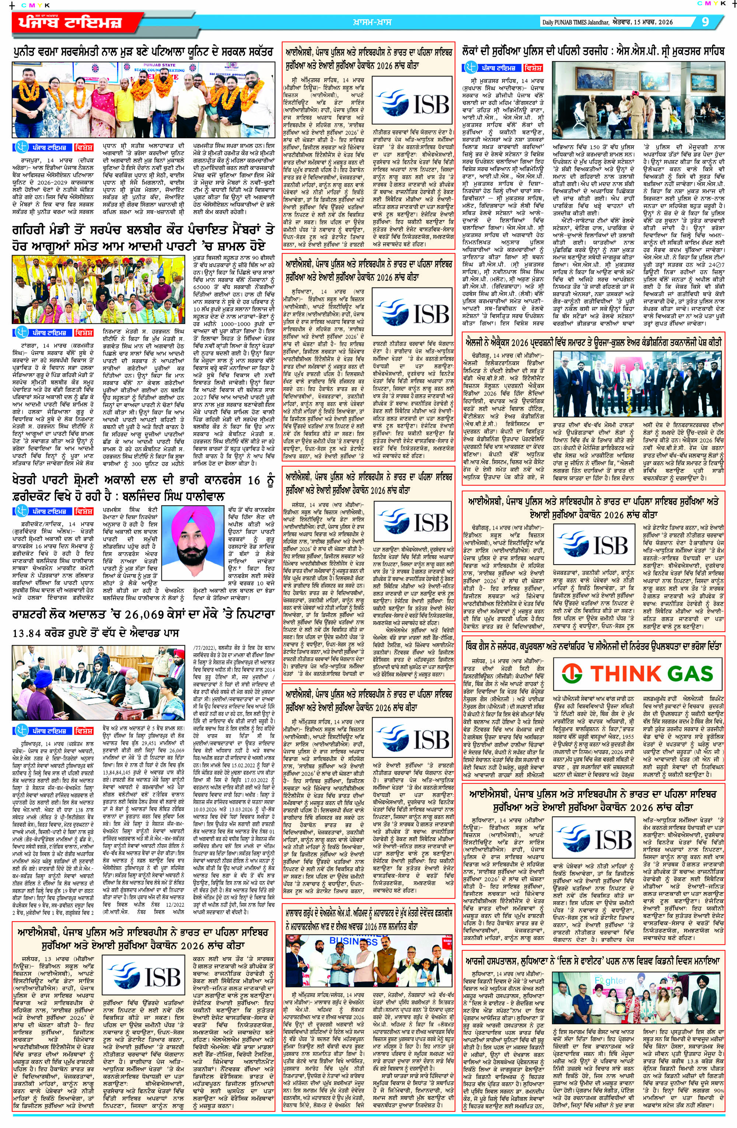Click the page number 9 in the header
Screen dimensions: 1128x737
coord(705,22)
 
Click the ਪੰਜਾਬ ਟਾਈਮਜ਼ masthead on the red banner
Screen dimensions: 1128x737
coord(70,22)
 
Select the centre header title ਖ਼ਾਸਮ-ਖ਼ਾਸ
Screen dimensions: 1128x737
coord(372,22)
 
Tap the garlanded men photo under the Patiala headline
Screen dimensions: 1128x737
coord(143,100)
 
